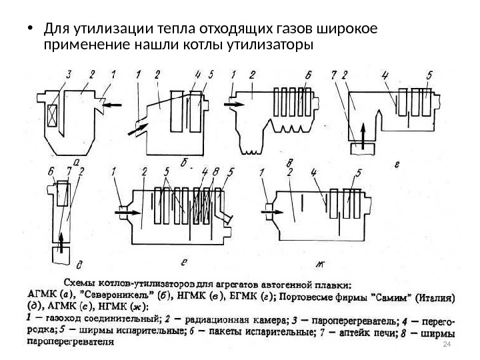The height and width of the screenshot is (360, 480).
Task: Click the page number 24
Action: pyautogui.click(x=447, y=344)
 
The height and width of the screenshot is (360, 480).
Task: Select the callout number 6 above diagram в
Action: pyautogui.click(x=307, y=74)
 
